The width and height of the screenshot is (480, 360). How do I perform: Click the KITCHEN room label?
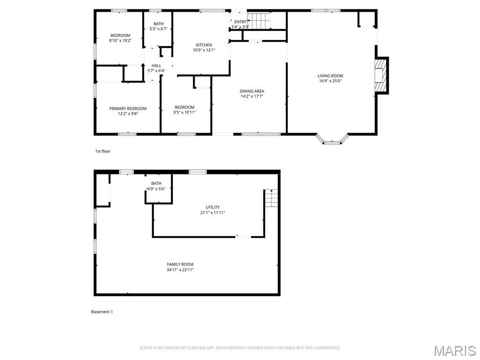(203, 45)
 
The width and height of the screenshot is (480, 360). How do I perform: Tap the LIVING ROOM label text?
(330, 76)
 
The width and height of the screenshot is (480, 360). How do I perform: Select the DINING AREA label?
(252, 91)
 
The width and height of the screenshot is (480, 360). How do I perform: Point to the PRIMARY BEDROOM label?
(128, 109)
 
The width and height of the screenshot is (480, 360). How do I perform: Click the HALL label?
(156, 66)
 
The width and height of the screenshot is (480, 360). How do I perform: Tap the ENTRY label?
(240, 22)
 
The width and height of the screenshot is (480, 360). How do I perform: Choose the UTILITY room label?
(212, 207)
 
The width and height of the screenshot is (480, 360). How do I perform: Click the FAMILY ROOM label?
(180, 264)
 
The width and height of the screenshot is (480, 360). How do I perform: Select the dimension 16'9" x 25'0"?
(330, 81)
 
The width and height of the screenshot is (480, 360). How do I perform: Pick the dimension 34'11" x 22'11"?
(180, 270)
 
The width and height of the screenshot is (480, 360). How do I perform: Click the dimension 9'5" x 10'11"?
(184, 112)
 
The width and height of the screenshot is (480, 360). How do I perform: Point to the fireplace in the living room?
(382, 76)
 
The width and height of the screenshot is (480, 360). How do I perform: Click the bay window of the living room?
(332, 139)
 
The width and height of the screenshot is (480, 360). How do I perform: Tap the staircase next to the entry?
(259, 21)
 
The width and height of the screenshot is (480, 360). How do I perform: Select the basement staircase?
(271, 199)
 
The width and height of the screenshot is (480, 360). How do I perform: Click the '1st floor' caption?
(103, 151)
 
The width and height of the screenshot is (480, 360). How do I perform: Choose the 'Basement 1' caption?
(102, 312)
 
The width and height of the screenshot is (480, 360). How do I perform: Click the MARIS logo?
(454, 351)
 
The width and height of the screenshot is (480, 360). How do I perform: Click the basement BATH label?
(156, 183)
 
